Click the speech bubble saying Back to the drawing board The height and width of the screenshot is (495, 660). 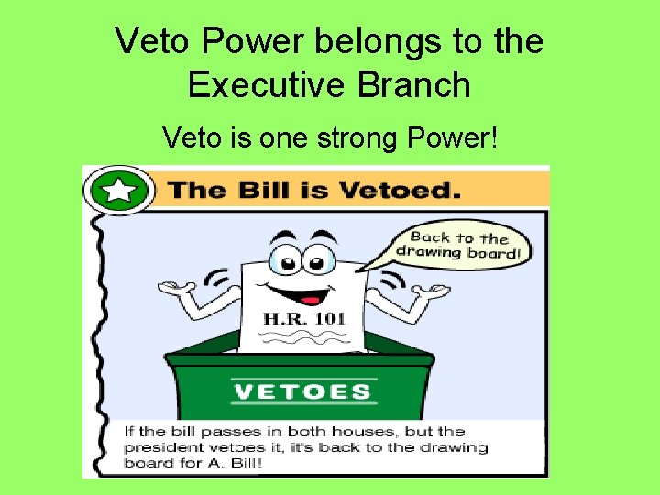coord(460,244)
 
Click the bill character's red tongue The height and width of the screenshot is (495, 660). coord(312,299)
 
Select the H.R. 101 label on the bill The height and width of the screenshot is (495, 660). coord(304,319)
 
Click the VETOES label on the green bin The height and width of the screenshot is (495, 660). coord(302,392)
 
